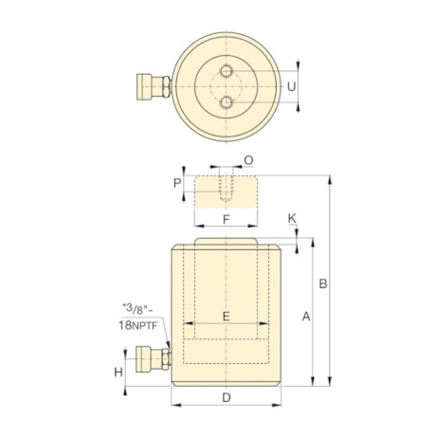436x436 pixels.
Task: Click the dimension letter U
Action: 293,85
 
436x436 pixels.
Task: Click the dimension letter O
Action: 248,160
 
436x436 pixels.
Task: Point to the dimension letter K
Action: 292,219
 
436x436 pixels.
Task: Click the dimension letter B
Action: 323,282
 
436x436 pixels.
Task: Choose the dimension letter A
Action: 305,318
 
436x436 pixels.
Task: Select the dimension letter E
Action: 226,316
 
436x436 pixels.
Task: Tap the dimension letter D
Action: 226,396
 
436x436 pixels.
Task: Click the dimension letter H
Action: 119,372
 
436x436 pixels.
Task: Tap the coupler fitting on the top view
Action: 153,86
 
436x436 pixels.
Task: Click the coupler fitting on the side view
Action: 153,358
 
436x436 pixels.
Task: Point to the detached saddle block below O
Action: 226,190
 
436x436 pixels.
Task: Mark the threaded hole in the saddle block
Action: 226,187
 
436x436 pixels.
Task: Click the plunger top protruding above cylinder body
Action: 226,243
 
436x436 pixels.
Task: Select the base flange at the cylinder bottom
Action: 226,380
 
